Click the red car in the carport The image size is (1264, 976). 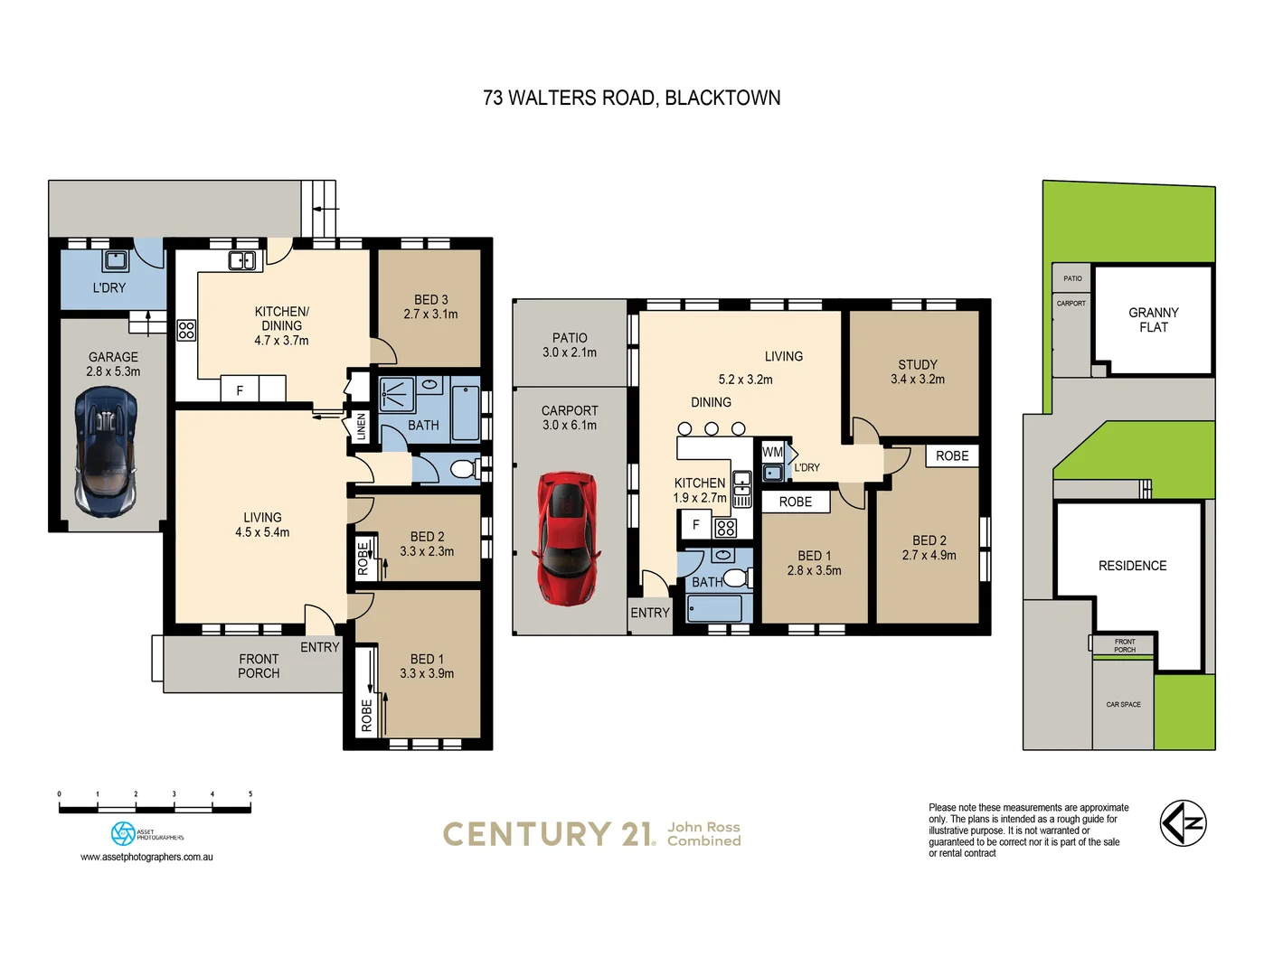567,537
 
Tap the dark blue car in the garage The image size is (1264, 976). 106,451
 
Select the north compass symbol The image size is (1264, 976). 1184,823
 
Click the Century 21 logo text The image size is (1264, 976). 548,834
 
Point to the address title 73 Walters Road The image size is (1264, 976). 631,98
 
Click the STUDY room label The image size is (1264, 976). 917,364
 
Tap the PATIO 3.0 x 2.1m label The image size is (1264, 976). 570,345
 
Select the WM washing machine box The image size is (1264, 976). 772,452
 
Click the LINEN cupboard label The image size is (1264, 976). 362,427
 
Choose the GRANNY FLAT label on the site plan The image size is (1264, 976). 1153,320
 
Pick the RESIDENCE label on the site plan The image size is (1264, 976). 1132,566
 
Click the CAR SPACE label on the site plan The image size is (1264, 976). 1123,704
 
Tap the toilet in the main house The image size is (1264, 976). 464,469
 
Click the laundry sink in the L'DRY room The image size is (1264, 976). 115,261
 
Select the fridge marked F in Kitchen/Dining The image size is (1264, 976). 240,390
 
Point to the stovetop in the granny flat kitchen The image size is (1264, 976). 725,527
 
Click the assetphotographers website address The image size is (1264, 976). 146,857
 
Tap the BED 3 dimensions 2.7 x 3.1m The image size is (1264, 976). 430,314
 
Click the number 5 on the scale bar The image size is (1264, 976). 250,794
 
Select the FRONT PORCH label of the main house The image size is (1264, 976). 259,666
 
